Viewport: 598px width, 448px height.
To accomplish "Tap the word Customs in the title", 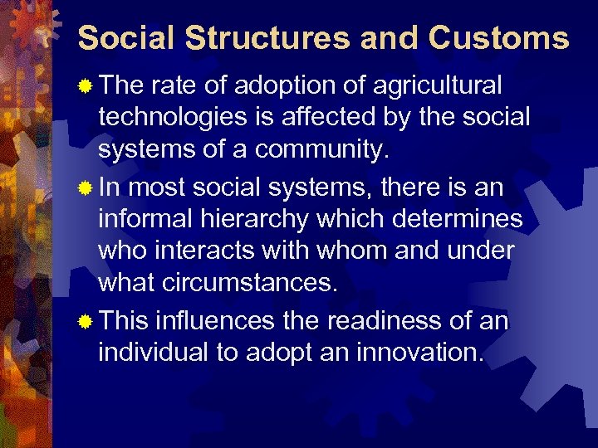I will click(x=499, y=38).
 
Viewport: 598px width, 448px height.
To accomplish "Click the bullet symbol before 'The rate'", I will click(x=84, y=86).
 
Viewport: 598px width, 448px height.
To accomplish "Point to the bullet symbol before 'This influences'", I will click(x=84, y=321).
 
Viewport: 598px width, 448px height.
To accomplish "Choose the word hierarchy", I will click(x=267, y=221).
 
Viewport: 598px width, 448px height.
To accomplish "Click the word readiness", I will click(x=393, y=320).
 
